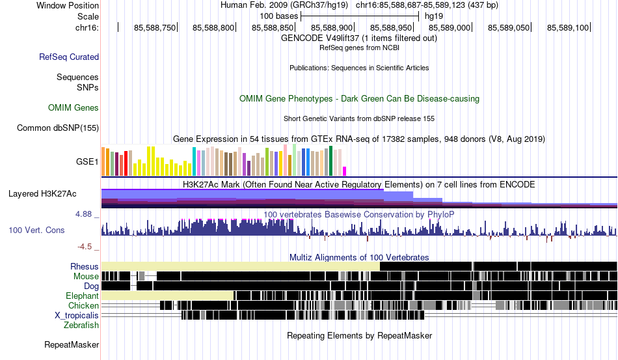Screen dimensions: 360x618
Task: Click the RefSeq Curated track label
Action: coord(69,57)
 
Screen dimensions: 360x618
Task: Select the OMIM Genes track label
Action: coord(74,107)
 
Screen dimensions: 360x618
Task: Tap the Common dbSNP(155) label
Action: coord(57,128)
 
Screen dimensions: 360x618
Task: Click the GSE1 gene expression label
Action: coord(88,161)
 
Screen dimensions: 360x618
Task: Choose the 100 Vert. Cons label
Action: coord(36,230)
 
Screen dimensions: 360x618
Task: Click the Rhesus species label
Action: coord(85,266)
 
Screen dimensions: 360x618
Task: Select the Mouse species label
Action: coord(86,276)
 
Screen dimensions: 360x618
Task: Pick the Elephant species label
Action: coord(82,296)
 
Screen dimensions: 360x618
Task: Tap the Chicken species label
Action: coord(84,305)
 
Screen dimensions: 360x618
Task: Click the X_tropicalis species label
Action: coord(77,315)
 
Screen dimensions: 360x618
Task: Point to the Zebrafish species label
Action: coord(81,325)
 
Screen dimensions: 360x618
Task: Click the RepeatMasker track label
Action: coord(72,344)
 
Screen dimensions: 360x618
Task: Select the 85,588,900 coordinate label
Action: coord(332,27)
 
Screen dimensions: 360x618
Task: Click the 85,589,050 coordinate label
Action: coord(509,27)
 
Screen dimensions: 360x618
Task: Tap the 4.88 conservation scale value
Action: coord(87,214)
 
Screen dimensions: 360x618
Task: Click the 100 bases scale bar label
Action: coord(279,16)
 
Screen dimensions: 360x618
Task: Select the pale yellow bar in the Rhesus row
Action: coord(240,266)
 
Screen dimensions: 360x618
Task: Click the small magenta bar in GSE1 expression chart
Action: coord(345,171)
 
